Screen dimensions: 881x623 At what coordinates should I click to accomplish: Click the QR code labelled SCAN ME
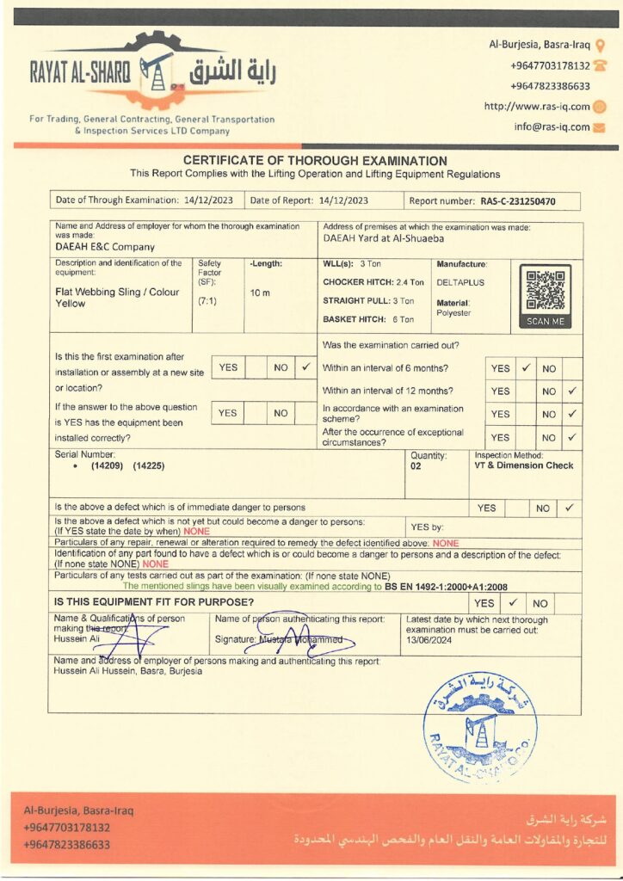[545, 291]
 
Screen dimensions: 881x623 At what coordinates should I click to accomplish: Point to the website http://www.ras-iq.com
[537, 107]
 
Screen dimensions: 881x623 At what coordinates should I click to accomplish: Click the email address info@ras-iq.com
[552, 126]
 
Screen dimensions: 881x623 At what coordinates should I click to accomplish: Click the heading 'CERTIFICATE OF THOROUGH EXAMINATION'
[315, 161]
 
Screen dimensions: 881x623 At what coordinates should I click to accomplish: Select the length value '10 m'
[260, 293]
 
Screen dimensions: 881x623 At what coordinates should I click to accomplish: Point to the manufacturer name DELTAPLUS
[460, 281]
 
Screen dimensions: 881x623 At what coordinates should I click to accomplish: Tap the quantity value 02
[416, 465]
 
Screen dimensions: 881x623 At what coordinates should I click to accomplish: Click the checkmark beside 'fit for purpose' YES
[512, 603]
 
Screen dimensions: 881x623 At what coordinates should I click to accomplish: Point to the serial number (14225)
[148, 465]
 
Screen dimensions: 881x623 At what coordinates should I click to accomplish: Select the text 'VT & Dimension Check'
[523, 465]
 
